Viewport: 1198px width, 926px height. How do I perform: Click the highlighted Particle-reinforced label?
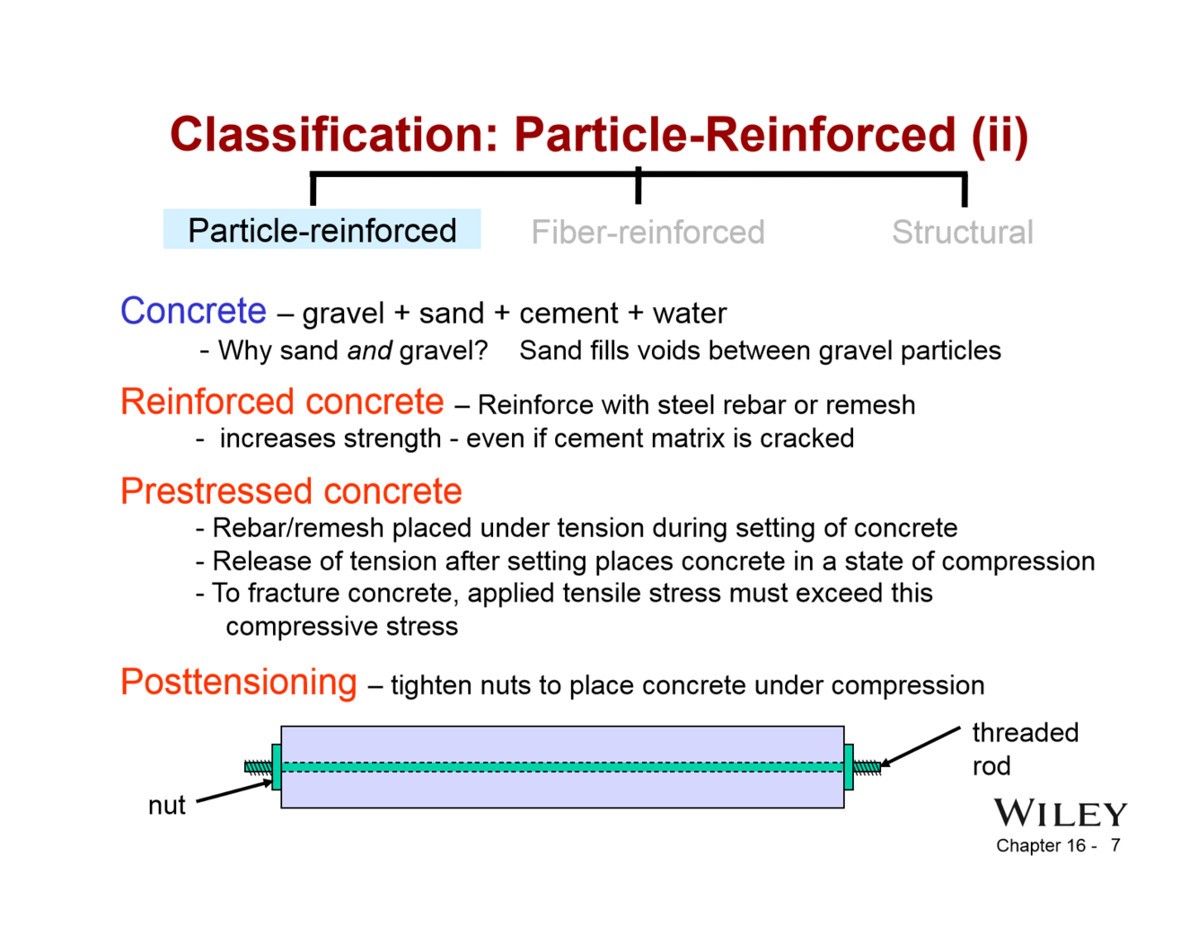pyautogui.click(x=322, y=231)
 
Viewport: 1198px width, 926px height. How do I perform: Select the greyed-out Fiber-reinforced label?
pyautogui.click(x=647, y=233)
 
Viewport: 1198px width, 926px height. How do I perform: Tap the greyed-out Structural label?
pyautogui.click(x=962, y=233)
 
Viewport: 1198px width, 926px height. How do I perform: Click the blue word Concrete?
pyautogui.click(x=193, y=311)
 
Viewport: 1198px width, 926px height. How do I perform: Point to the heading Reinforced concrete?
pyautogui.click(x=282, y=401)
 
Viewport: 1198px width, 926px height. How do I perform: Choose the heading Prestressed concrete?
pyautogui.click(x=291, y=491)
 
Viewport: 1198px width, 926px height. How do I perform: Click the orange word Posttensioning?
pyautogui.click(x=239, y=682)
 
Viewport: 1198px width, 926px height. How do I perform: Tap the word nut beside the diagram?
pyautogui.click(x=167, y=805)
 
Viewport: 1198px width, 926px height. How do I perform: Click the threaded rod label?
pyautogui.click(x=1025, y=748)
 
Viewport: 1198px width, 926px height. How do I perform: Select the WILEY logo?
pyautogui.click(x=1060, y=814)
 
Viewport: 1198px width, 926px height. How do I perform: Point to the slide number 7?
pyautogui.click(x=1114, y=845)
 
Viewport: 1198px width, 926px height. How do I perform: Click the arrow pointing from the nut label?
pyautogui.click(x=233, y=791)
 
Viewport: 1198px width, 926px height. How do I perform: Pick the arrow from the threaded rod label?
pyautogui.click(x=921, y=746)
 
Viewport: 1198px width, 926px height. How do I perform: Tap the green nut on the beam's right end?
pyautogui.click(x=849, y=766)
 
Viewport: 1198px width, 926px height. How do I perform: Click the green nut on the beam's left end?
pyautogui.click(x=277, y=766)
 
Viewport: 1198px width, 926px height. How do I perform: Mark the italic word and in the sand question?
pyautogui.click(x=369, y=350)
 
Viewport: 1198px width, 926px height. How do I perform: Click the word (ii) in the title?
pyautogui.click(x=999, y=135)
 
